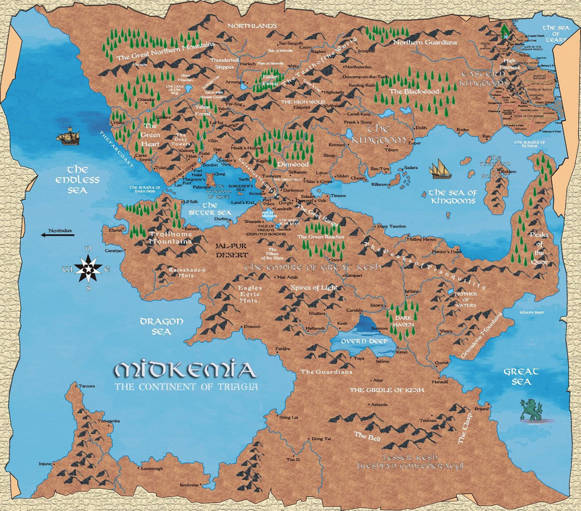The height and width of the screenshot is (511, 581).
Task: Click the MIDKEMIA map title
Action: click(x=185, y=371)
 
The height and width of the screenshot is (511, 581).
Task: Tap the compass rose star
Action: click(x=88, y=268)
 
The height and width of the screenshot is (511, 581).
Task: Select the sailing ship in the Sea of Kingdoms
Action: click(x=441, y=169)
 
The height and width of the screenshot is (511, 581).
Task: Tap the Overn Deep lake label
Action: click(x=364, y=341)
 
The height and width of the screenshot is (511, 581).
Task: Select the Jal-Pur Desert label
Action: click(x=232, y=250)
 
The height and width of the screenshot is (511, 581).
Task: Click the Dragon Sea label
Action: click(x=161, y=326)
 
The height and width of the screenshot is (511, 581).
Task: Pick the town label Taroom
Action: click(x=86, y=386)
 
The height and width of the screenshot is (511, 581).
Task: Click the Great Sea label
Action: click(x=521, y=377)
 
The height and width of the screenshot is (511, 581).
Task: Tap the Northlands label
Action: click(x=252, y=26)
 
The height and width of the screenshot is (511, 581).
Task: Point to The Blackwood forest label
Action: click(x=414, y=92)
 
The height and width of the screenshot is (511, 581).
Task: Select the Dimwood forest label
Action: click(x=293, y=164)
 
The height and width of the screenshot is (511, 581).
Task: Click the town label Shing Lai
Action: click(x=288, y=417)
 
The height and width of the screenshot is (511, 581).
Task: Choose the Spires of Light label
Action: click(x=314, y=288)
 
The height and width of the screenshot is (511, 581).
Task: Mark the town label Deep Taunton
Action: click(x=391, y=226)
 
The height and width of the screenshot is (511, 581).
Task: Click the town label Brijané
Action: click(x=482, y=409)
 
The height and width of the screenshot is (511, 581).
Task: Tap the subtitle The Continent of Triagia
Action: click(x=186, y=387)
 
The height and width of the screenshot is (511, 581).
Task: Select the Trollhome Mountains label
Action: click(x=170, y=238)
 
